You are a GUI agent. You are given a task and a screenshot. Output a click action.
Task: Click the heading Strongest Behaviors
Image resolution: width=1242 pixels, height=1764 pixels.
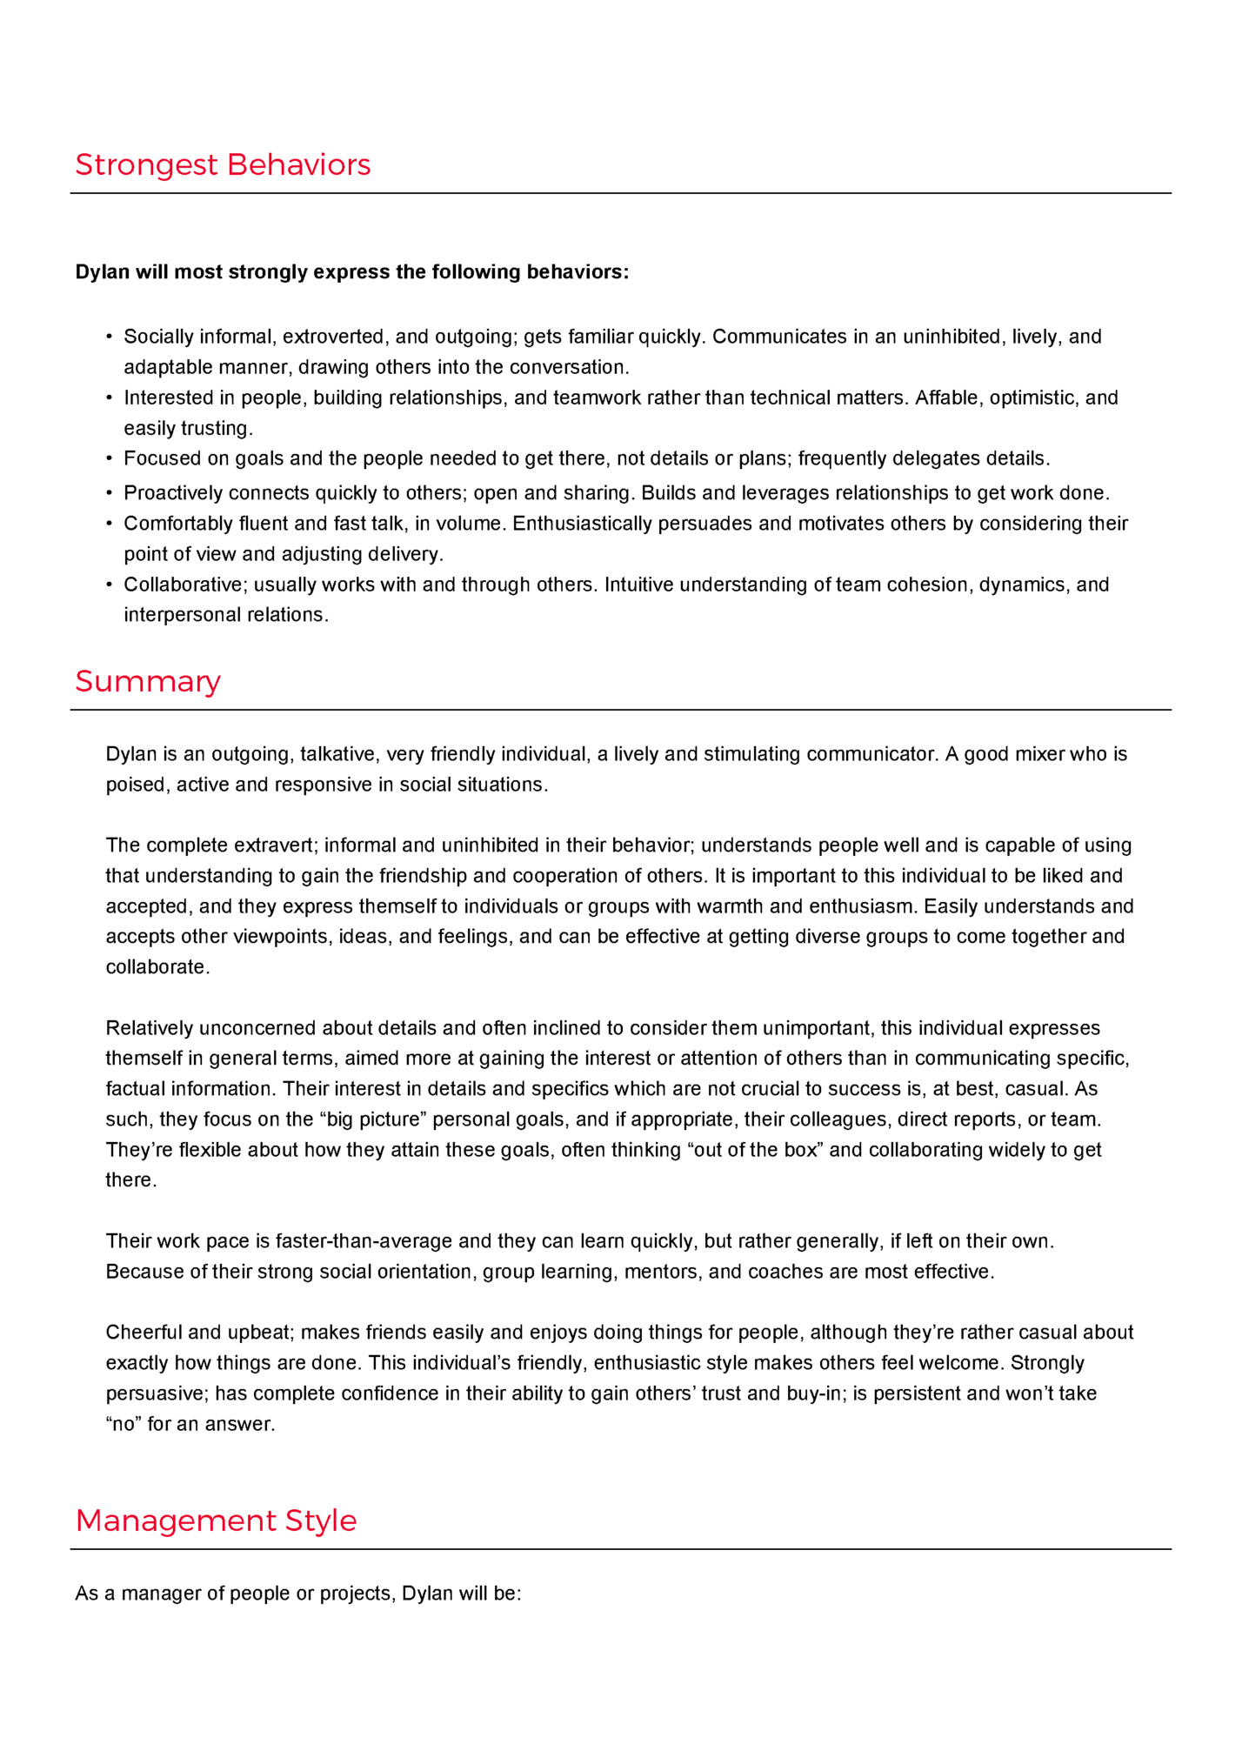223,164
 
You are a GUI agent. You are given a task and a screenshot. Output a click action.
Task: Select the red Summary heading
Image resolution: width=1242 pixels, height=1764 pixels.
148,681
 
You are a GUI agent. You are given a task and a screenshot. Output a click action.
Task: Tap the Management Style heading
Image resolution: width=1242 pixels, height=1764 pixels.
216,1520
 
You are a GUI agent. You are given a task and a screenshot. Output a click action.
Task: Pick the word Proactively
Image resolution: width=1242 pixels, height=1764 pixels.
173,493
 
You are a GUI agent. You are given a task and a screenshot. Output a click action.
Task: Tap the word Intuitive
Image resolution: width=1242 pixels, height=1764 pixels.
639,585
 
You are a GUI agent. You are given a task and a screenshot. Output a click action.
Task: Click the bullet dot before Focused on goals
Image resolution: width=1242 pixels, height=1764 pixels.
110,458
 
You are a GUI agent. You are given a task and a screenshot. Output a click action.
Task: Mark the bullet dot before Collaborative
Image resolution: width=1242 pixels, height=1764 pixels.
110,585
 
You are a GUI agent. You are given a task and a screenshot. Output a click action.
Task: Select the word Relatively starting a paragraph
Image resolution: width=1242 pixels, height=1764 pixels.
150,1028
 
